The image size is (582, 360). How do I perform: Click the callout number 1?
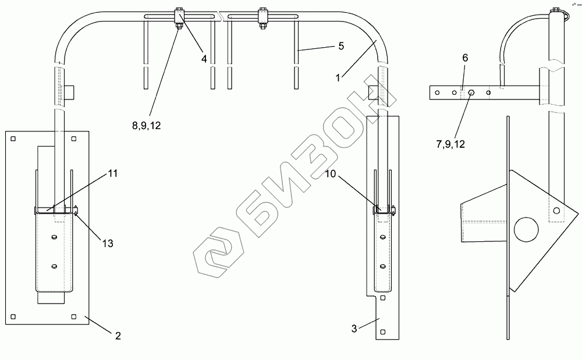pos(338,78)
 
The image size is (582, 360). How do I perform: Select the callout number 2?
pos(118,336)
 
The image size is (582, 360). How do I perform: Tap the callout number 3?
pos(354,329)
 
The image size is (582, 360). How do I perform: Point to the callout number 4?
pos(204,59)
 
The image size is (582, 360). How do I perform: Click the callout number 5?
pos(341,46)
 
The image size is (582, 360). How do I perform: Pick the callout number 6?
pos(465,58)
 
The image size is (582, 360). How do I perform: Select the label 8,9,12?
pos(147,126)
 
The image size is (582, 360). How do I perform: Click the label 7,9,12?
pos(450,144)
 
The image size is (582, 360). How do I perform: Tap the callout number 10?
pos(331,173)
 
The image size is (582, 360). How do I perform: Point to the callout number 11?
pos(113,173)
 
